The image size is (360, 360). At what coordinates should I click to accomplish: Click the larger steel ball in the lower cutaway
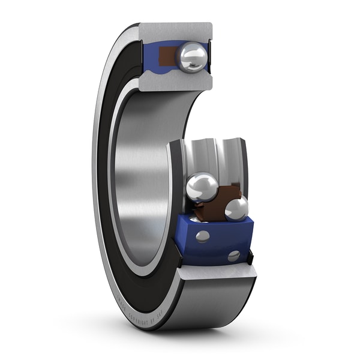click(x=202, y=187)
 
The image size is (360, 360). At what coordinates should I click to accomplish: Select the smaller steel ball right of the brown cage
click(x=236, y=208)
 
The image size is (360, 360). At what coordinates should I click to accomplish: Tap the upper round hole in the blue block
click(x=203, y=236)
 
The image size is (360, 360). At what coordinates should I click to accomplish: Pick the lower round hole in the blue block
click(x=233, y=256)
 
